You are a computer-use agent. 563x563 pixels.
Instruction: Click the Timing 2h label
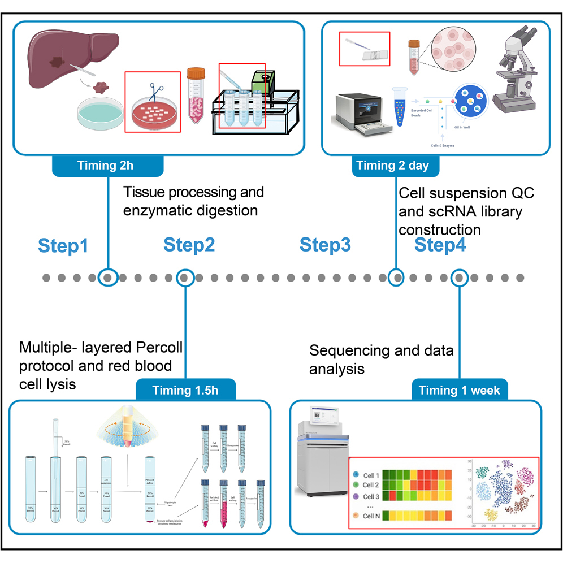107,166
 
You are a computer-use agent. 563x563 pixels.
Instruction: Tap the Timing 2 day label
393,166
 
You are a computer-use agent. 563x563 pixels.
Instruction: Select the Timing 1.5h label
186,390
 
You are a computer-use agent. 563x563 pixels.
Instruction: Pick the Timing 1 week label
459,390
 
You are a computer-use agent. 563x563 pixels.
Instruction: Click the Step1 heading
63,246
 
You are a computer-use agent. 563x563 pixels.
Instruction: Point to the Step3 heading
325,245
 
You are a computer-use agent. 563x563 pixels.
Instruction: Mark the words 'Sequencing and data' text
381,351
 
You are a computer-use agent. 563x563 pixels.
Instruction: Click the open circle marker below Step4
459,278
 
